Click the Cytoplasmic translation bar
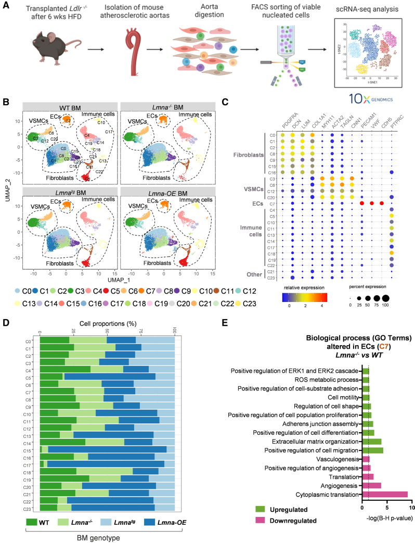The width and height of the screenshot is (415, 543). pyautogui.click(x=384, y=495)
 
